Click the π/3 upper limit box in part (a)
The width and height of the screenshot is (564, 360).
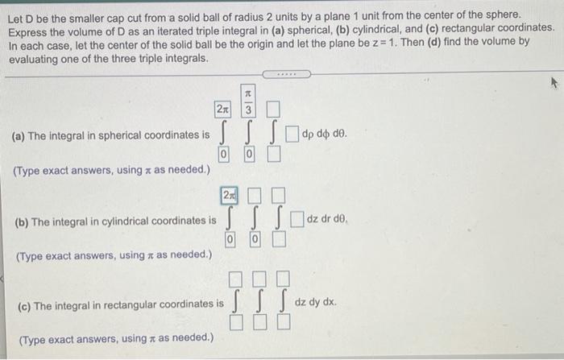coord(248,101)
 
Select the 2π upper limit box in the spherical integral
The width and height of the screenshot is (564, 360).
coord(223,109)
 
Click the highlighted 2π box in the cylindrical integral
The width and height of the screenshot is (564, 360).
coord(229,195)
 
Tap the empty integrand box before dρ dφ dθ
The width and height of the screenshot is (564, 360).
coord(292,134)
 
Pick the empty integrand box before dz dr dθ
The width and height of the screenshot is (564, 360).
coord(297,219)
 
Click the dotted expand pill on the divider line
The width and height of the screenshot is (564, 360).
coord(287,74)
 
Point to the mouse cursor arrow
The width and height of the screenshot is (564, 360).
coord(554,84)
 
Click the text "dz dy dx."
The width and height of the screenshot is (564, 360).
coord(316,302)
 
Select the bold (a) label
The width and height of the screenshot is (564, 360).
coord(18,136)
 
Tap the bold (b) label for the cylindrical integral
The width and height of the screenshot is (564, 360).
coord(22,222)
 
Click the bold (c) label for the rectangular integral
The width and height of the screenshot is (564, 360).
coord(24,307)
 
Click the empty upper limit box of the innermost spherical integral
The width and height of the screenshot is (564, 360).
coord(273,110)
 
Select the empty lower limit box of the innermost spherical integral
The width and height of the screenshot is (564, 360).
coord(274,155)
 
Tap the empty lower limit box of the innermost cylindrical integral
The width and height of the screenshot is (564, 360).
coord(279,239)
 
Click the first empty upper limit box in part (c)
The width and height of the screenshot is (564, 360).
coord(235,279)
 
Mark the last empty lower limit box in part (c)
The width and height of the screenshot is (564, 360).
coord(284,322)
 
